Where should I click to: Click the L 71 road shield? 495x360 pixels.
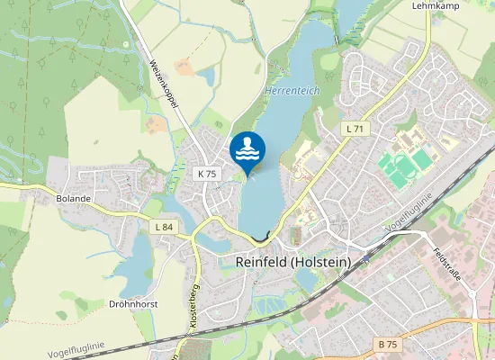(x=355, y=130)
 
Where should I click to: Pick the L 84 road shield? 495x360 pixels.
(x=163, y=227)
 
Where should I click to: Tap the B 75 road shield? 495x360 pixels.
(x=388, y=345)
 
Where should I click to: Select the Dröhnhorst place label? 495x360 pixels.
(x=133, y=304)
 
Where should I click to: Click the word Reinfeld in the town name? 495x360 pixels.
(x=262, y=262)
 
